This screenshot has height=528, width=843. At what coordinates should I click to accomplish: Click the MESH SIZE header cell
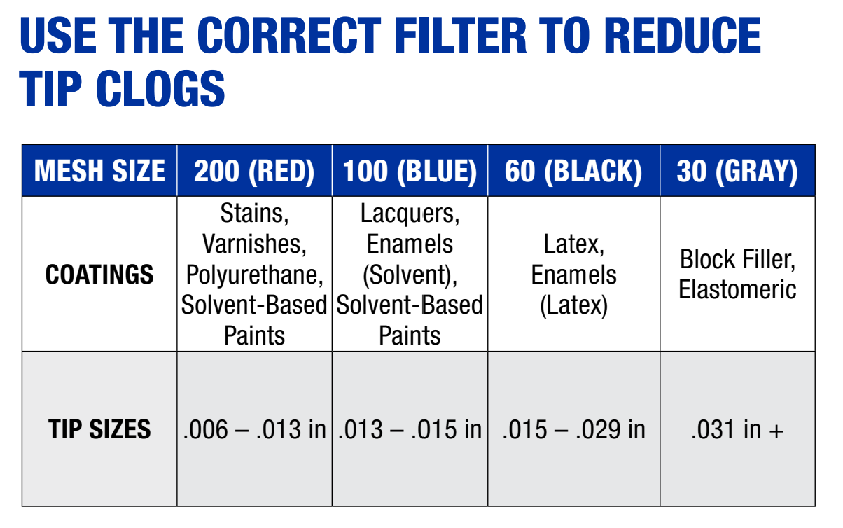point(99,171)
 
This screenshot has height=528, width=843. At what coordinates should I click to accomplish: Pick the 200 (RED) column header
point(254,171)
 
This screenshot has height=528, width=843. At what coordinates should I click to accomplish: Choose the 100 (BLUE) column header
point(410,171)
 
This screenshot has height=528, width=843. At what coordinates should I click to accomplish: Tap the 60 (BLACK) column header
point(573,171)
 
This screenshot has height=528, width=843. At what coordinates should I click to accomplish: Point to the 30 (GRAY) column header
point(737,171)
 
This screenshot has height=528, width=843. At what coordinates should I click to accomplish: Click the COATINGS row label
point(99,274)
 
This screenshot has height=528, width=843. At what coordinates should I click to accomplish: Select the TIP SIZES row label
point(99,429)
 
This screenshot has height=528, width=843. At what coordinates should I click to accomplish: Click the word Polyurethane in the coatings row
point(254,275)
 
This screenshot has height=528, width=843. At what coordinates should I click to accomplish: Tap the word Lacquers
point(410,214)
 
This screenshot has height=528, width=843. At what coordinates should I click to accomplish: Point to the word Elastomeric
point(737,289)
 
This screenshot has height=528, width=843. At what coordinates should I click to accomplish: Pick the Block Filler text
point(737,260)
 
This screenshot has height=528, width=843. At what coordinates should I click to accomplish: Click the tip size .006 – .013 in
point(254,429)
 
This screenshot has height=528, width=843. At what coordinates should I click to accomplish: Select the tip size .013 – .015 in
point(410,429)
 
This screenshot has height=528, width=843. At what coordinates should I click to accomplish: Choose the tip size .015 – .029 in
point(573,429)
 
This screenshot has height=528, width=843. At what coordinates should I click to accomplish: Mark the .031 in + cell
point(737,429)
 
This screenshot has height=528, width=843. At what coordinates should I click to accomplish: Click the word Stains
point(254,214)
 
